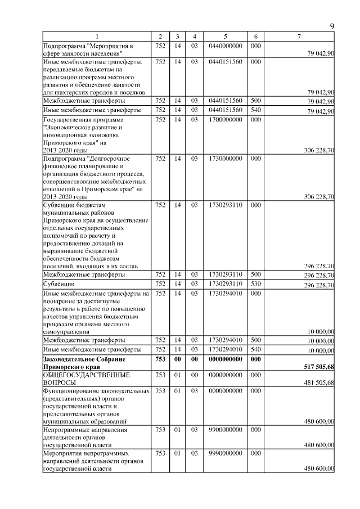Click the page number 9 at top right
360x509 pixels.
click(x=332, y=26)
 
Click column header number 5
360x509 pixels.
click(x=225, y=37)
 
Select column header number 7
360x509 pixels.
click(x=299, y=37)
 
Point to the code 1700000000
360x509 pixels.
click(x=225, y=119)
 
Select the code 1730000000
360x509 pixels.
click(x=225, y=159)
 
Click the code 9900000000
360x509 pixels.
click(x=225, y=429)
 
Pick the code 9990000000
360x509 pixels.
click(x=225, y=452)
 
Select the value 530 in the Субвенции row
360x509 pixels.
click(x=255, y=284)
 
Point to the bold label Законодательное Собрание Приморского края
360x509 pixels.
click(x=84, y=362)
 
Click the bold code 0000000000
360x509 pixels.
click(x=225, y=359)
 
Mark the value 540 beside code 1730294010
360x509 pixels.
click(x=255, y=349)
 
